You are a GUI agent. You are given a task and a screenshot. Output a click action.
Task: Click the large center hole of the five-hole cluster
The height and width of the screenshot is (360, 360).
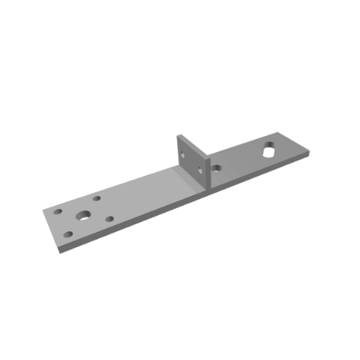click(x=84, y=215)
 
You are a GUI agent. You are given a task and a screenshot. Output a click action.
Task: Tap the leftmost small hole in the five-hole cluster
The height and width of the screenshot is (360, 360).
click(x=58, y=212)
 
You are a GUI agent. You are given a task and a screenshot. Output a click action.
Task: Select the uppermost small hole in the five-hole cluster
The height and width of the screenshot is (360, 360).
click(x=96, y=197)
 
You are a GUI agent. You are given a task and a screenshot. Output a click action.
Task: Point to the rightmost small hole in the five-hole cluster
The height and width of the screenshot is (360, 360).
click(x=110, y=219)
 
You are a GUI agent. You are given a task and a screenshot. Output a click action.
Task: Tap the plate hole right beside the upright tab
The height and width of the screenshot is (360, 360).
click(x=216, y=168)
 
